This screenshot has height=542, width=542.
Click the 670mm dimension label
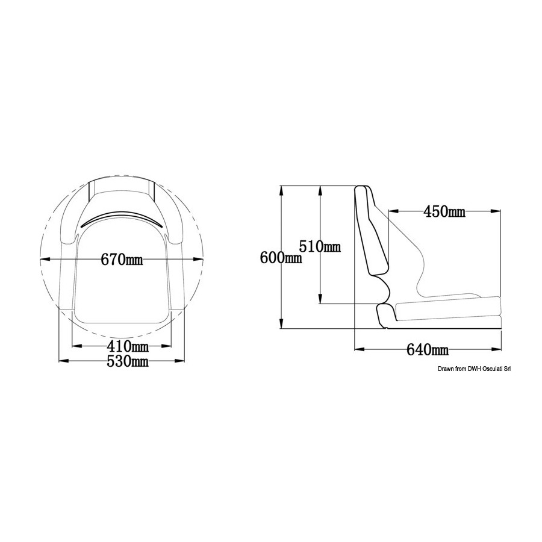pyautogui.click(x=122, y=259)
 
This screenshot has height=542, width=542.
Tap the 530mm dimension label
pyautogui.click(x=128, y=361)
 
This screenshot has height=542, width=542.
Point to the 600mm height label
pyautogui.click(x=281, y=258)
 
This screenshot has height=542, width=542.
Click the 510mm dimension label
pyautogui.click(x=320, y=246)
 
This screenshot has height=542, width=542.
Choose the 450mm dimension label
pyautogui.click(x=444, y=211)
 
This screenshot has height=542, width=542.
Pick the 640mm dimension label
pyautogui.click(x=428, y=350)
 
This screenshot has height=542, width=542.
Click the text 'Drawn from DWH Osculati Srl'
pyautogui.click(x=474, y=369)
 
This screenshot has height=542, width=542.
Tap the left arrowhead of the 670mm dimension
pyautogui.click(x=45, y=259)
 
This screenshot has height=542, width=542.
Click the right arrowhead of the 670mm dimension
pyautogui.click(x=198, y=259)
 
